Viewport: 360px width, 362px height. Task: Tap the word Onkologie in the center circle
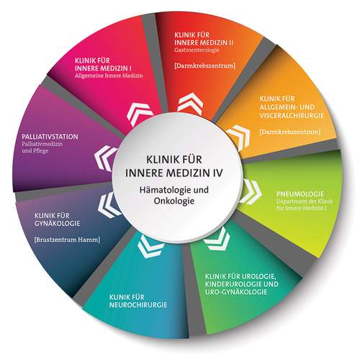174,201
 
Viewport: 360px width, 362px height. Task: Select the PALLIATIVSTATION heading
50,137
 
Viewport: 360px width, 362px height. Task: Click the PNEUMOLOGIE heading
300,194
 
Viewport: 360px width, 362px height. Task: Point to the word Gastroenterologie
197,50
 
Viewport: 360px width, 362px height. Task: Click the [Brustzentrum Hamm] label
67,240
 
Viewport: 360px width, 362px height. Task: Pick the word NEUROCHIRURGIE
138,305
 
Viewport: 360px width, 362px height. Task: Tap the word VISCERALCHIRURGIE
292,115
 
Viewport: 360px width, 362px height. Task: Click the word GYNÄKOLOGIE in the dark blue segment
57,224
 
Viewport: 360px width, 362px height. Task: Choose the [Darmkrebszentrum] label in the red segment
204,65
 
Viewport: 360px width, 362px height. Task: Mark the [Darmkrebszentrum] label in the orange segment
290,132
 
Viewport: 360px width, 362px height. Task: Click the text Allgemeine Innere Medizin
109,76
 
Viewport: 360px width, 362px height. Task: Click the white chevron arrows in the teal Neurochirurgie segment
150,246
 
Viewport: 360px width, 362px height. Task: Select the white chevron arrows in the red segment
191,103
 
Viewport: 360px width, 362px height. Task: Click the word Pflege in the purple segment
42,151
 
